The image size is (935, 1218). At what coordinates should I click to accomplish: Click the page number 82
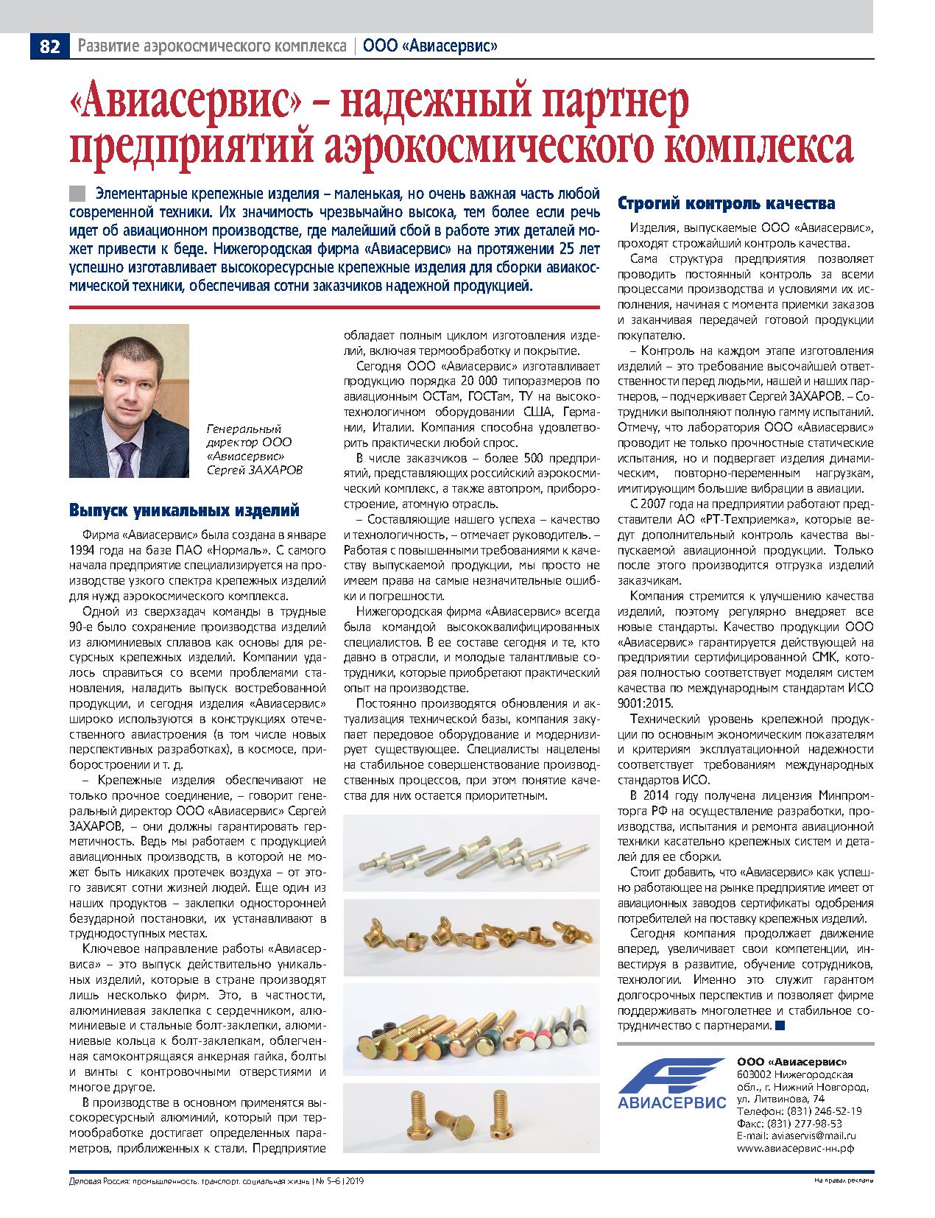49,46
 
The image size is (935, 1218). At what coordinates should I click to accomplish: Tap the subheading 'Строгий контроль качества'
726,203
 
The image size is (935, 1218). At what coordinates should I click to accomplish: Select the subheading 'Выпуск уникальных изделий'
184,510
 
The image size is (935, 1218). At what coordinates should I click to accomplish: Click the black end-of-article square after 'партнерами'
780,1025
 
